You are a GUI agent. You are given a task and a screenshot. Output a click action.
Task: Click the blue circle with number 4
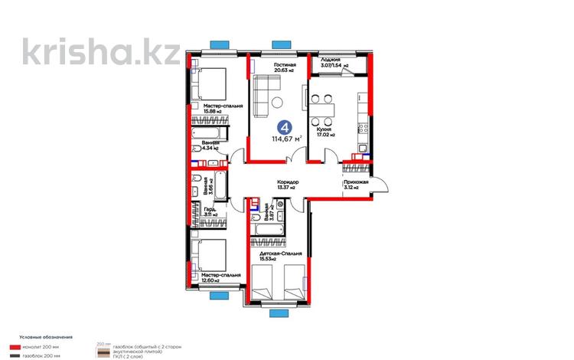(x=284, y=127)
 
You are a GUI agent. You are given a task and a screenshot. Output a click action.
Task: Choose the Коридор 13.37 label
(x=288, y=184)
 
